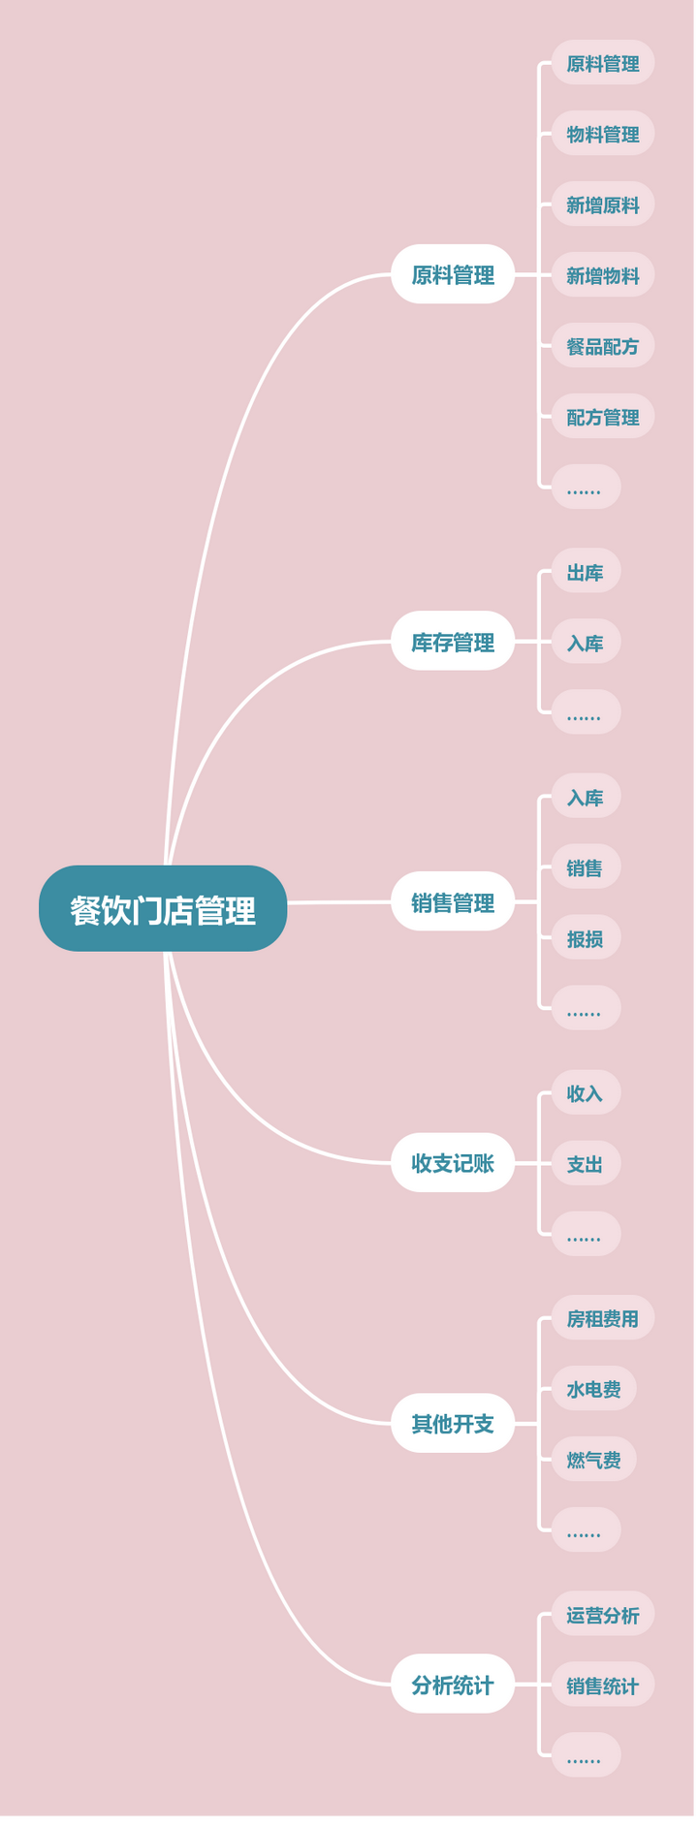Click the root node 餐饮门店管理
coord(163,908)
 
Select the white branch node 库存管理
coord(453,641)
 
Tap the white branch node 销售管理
coord(453,901)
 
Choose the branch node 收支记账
coord(453,1162)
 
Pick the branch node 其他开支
coord(453,1423)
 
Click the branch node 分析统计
coord(453,1685)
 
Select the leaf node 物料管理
coord(603,134)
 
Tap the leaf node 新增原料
coord(603,205)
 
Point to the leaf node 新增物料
coord(603,275)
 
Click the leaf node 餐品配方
coord(603,346)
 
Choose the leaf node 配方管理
coord(603,417)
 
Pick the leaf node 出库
coord(586,572)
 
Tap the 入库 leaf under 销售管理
coord(586,797)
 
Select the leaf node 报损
coord(586,938)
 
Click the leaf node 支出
coord(586,1163)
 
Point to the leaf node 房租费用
coord(603,1318)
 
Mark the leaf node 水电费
coord(594,1389)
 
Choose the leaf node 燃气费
coord(594,1460)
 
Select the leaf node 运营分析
coord(603,1615)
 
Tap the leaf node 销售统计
coord(603,1686)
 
